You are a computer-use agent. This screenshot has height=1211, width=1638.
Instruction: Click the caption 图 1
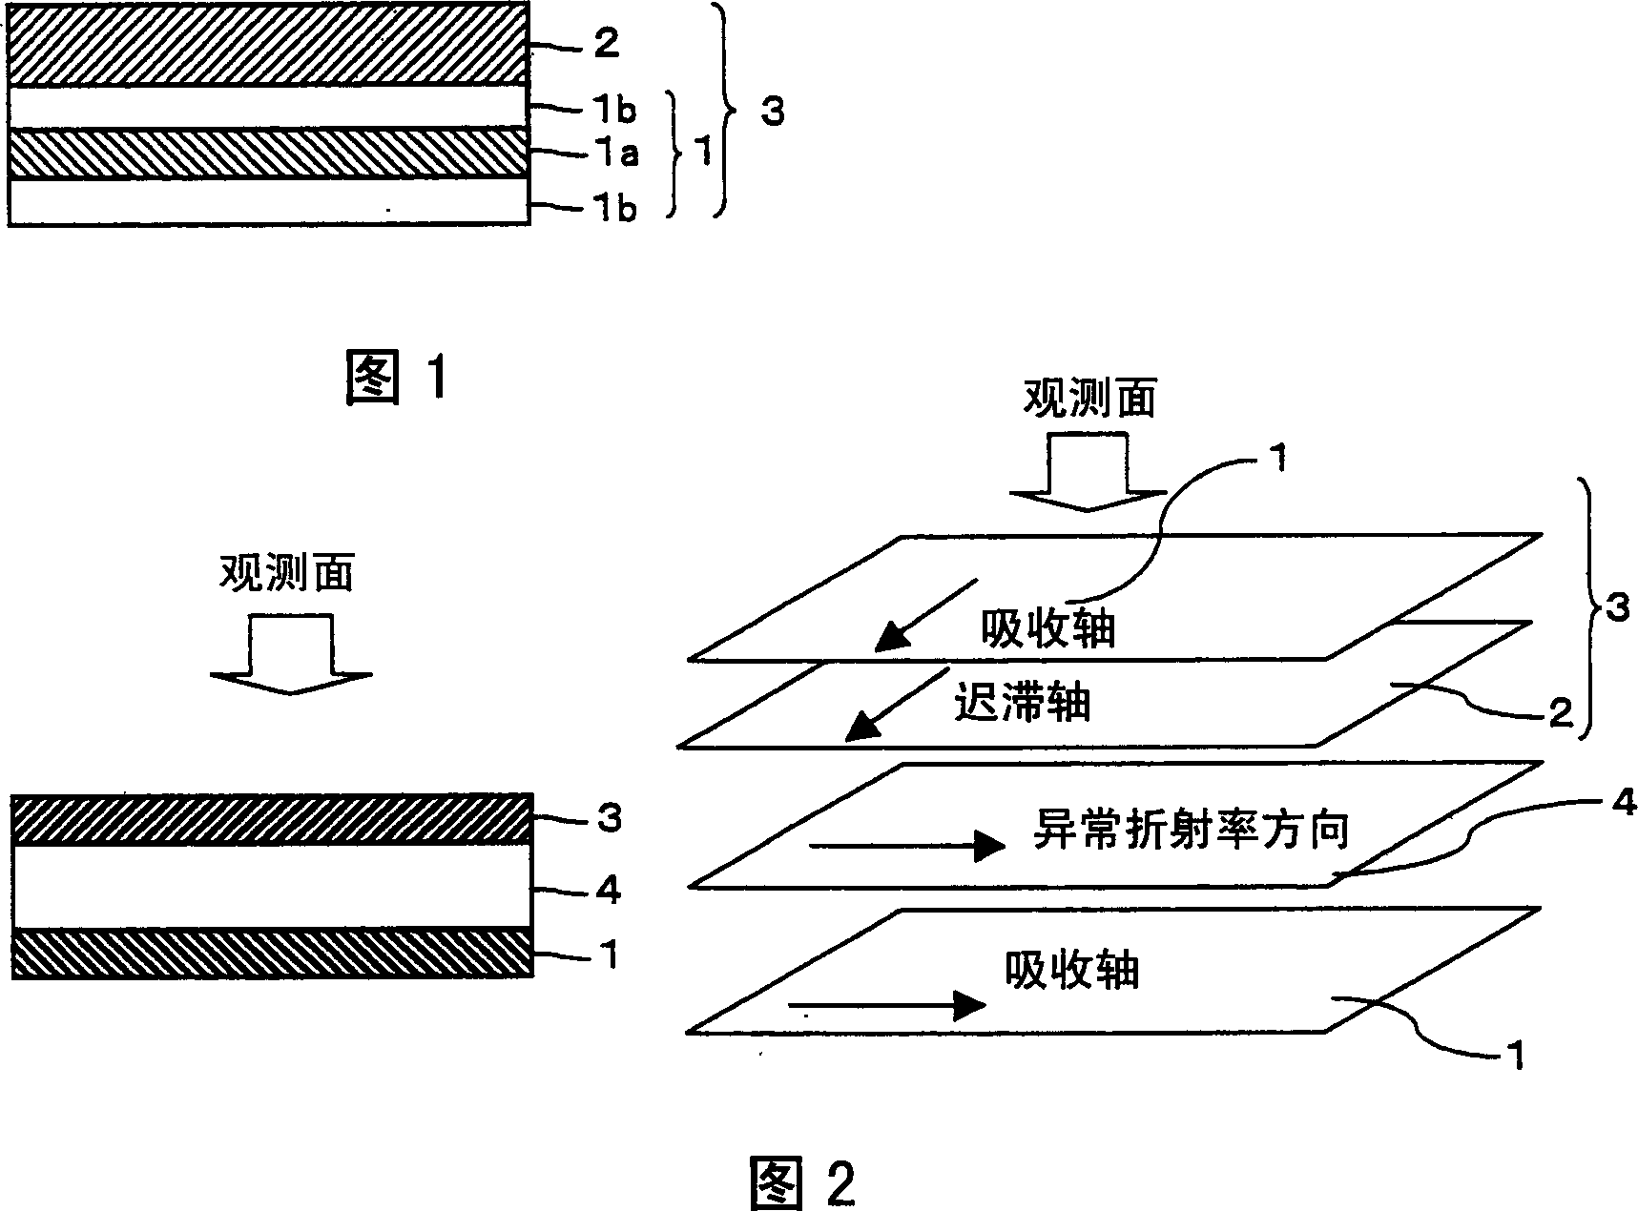coord(396,379)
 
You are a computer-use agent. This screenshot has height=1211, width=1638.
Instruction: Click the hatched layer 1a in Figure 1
coord(267,153)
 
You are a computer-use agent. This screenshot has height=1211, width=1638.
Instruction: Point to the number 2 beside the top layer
coord(607,43)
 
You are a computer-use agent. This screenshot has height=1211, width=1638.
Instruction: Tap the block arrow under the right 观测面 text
coord(1089,472)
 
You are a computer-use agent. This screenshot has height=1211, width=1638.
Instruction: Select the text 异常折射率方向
coord(1191,830)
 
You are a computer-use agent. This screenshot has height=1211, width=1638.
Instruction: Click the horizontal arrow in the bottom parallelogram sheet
coord(886,1004)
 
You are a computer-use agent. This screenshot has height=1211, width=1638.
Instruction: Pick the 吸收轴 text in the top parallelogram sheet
coord(1047,629)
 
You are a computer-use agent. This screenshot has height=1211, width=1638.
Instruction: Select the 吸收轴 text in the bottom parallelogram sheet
coord(1071,972)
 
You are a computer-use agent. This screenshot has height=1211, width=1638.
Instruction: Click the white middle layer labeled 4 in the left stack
coord(271,885)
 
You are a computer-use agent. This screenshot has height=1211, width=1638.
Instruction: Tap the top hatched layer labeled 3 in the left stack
coord(271,818)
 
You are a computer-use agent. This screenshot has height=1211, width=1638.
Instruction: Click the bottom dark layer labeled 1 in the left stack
coord(271,952)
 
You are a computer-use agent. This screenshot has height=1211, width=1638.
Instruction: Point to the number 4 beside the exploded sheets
coord(1623,803)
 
